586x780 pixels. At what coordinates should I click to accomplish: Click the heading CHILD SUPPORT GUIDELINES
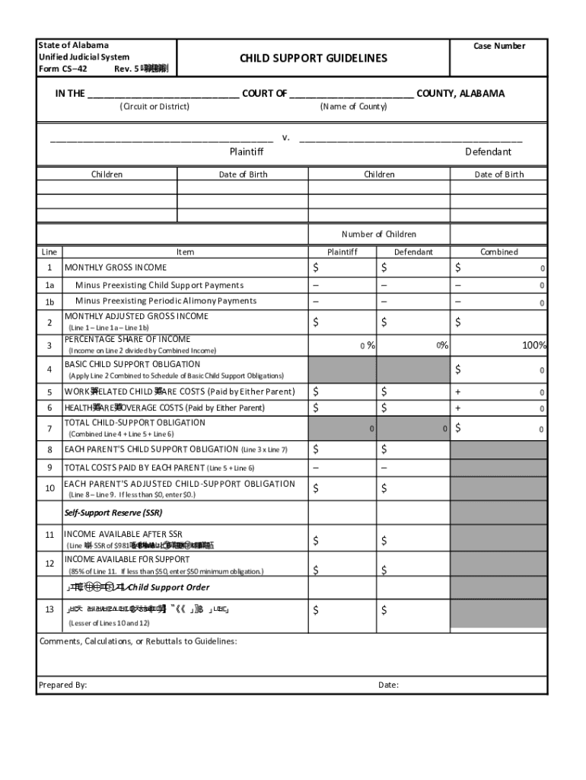(314, 59)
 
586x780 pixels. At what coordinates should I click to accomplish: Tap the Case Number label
(499, 46)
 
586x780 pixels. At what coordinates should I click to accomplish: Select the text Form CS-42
(62, 69)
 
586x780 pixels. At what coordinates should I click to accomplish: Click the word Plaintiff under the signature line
(247, 152)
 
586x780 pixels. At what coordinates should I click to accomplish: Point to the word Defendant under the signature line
(488, 152)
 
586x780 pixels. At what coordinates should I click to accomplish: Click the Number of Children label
(378, 234)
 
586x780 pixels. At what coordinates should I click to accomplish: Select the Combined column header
(498, 251)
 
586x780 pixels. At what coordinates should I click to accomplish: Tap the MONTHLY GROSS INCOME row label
(115, 267)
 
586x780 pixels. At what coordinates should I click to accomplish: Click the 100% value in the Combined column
(533, 345)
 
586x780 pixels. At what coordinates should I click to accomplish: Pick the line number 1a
(49, 285)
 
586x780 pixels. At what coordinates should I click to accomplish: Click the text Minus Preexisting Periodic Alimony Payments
(165, 301)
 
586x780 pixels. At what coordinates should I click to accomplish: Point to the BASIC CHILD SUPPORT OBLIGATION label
(132, 364)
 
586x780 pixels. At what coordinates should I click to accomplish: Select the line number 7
(49, 428)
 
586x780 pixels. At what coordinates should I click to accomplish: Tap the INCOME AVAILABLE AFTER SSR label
(123, 534)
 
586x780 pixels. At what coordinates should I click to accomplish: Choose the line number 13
(49, 609)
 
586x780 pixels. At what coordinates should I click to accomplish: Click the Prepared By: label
(62, 685)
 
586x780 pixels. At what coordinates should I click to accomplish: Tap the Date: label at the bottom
(388, 685)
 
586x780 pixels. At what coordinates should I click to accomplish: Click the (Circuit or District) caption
(154, 107)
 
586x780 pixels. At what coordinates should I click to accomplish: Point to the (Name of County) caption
(353, 107)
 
